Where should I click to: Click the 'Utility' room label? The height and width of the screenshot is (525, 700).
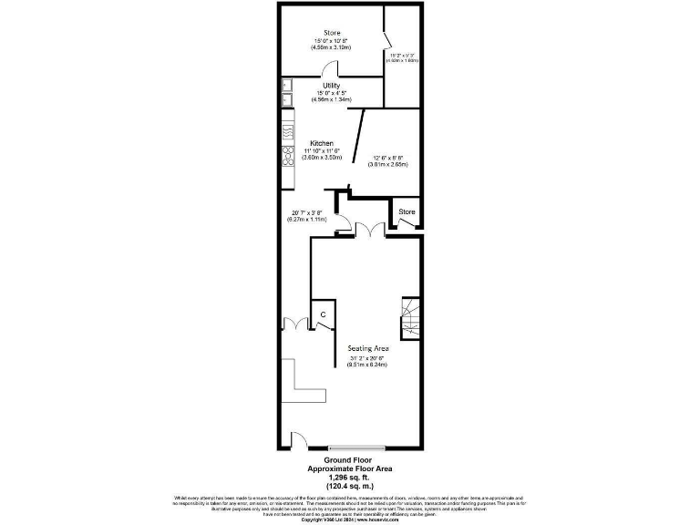point(331,86)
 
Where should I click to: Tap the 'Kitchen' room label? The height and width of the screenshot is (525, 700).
point(322,144)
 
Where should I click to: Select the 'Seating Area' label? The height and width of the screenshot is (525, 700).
point(368,348)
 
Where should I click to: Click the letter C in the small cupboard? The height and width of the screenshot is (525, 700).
point(323,315)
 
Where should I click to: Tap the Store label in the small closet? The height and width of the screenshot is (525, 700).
point(407,211)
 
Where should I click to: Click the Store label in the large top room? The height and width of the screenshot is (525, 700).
point(332,33)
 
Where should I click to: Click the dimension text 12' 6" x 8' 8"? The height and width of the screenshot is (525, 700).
point(387,158)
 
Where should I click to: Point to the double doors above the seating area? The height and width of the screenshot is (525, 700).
point(368,231)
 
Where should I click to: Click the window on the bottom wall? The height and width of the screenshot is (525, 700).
point(357,448)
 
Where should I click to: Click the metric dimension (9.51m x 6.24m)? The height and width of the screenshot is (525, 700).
point(368,365)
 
